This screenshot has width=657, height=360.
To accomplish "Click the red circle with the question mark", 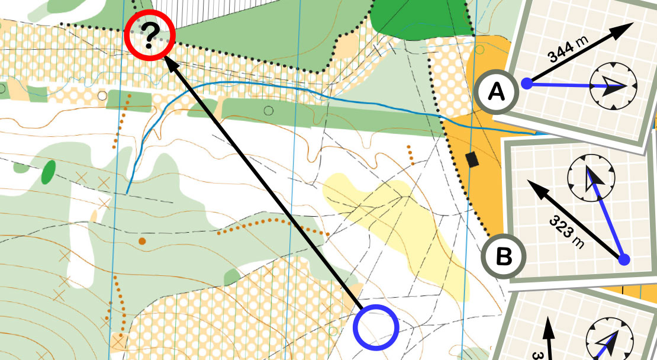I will point(150,36).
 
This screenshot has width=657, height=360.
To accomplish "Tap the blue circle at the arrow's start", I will point(376,326).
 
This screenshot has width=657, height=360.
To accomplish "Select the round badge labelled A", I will point(496,92).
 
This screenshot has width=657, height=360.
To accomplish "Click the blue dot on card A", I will point(526,84).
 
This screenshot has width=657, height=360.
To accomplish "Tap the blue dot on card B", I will point(623,259).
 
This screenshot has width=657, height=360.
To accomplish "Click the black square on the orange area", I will point(472,159).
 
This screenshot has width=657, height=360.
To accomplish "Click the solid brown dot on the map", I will point(142,241).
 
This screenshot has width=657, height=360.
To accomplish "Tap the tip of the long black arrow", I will point(166,59).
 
